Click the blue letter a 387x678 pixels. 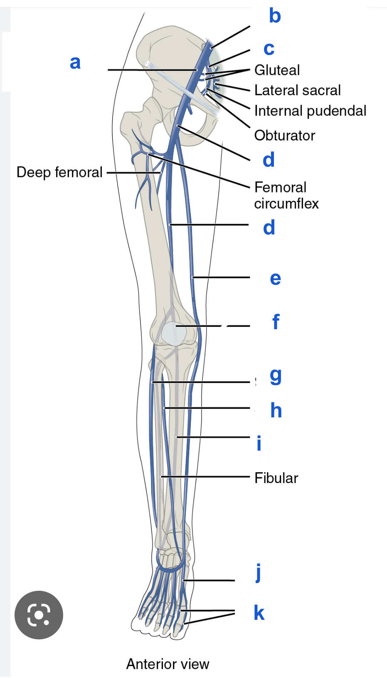(75, 63)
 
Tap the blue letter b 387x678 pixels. (275, 16)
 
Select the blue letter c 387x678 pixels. (269, 49)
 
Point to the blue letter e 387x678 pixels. (275, 279)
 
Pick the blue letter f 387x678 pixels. (276, 322)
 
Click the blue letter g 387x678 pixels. (276, 376)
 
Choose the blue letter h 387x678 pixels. (276, 410)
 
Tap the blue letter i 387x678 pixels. (259, 444)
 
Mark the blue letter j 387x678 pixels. (259, 573)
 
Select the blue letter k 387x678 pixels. (259, 613)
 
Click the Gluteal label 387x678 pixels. (277, 70)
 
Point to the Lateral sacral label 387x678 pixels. (297, 90)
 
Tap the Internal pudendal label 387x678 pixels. (310, 111)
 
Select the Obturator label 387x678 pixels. (285, 136)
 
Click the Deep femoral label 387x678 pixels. (59, 172)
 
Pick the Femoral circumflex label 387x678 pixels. (286, 195)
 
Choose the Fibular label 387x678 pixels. (276, 478)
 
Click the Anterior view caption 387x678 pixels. (168, 664)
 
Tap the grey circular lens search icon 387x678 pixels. (39, 615)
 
